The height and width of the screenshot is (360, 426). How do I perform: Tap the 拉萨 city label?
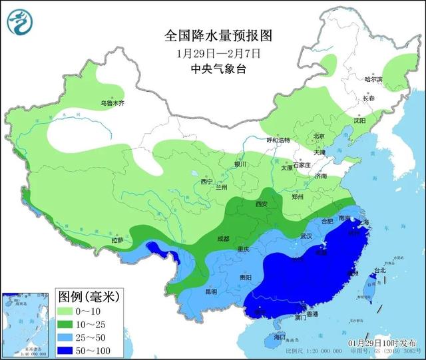(117, 240)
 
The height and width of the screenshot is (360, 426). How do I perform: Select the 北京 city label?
(318, 137)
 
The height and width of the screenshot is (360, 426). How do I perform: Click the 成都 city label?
(222, 238)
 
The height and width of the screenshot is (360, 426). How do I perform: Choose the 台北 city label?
(380, 270)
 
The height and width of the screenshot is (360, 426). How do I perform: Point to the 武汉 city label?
(306, 236)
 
